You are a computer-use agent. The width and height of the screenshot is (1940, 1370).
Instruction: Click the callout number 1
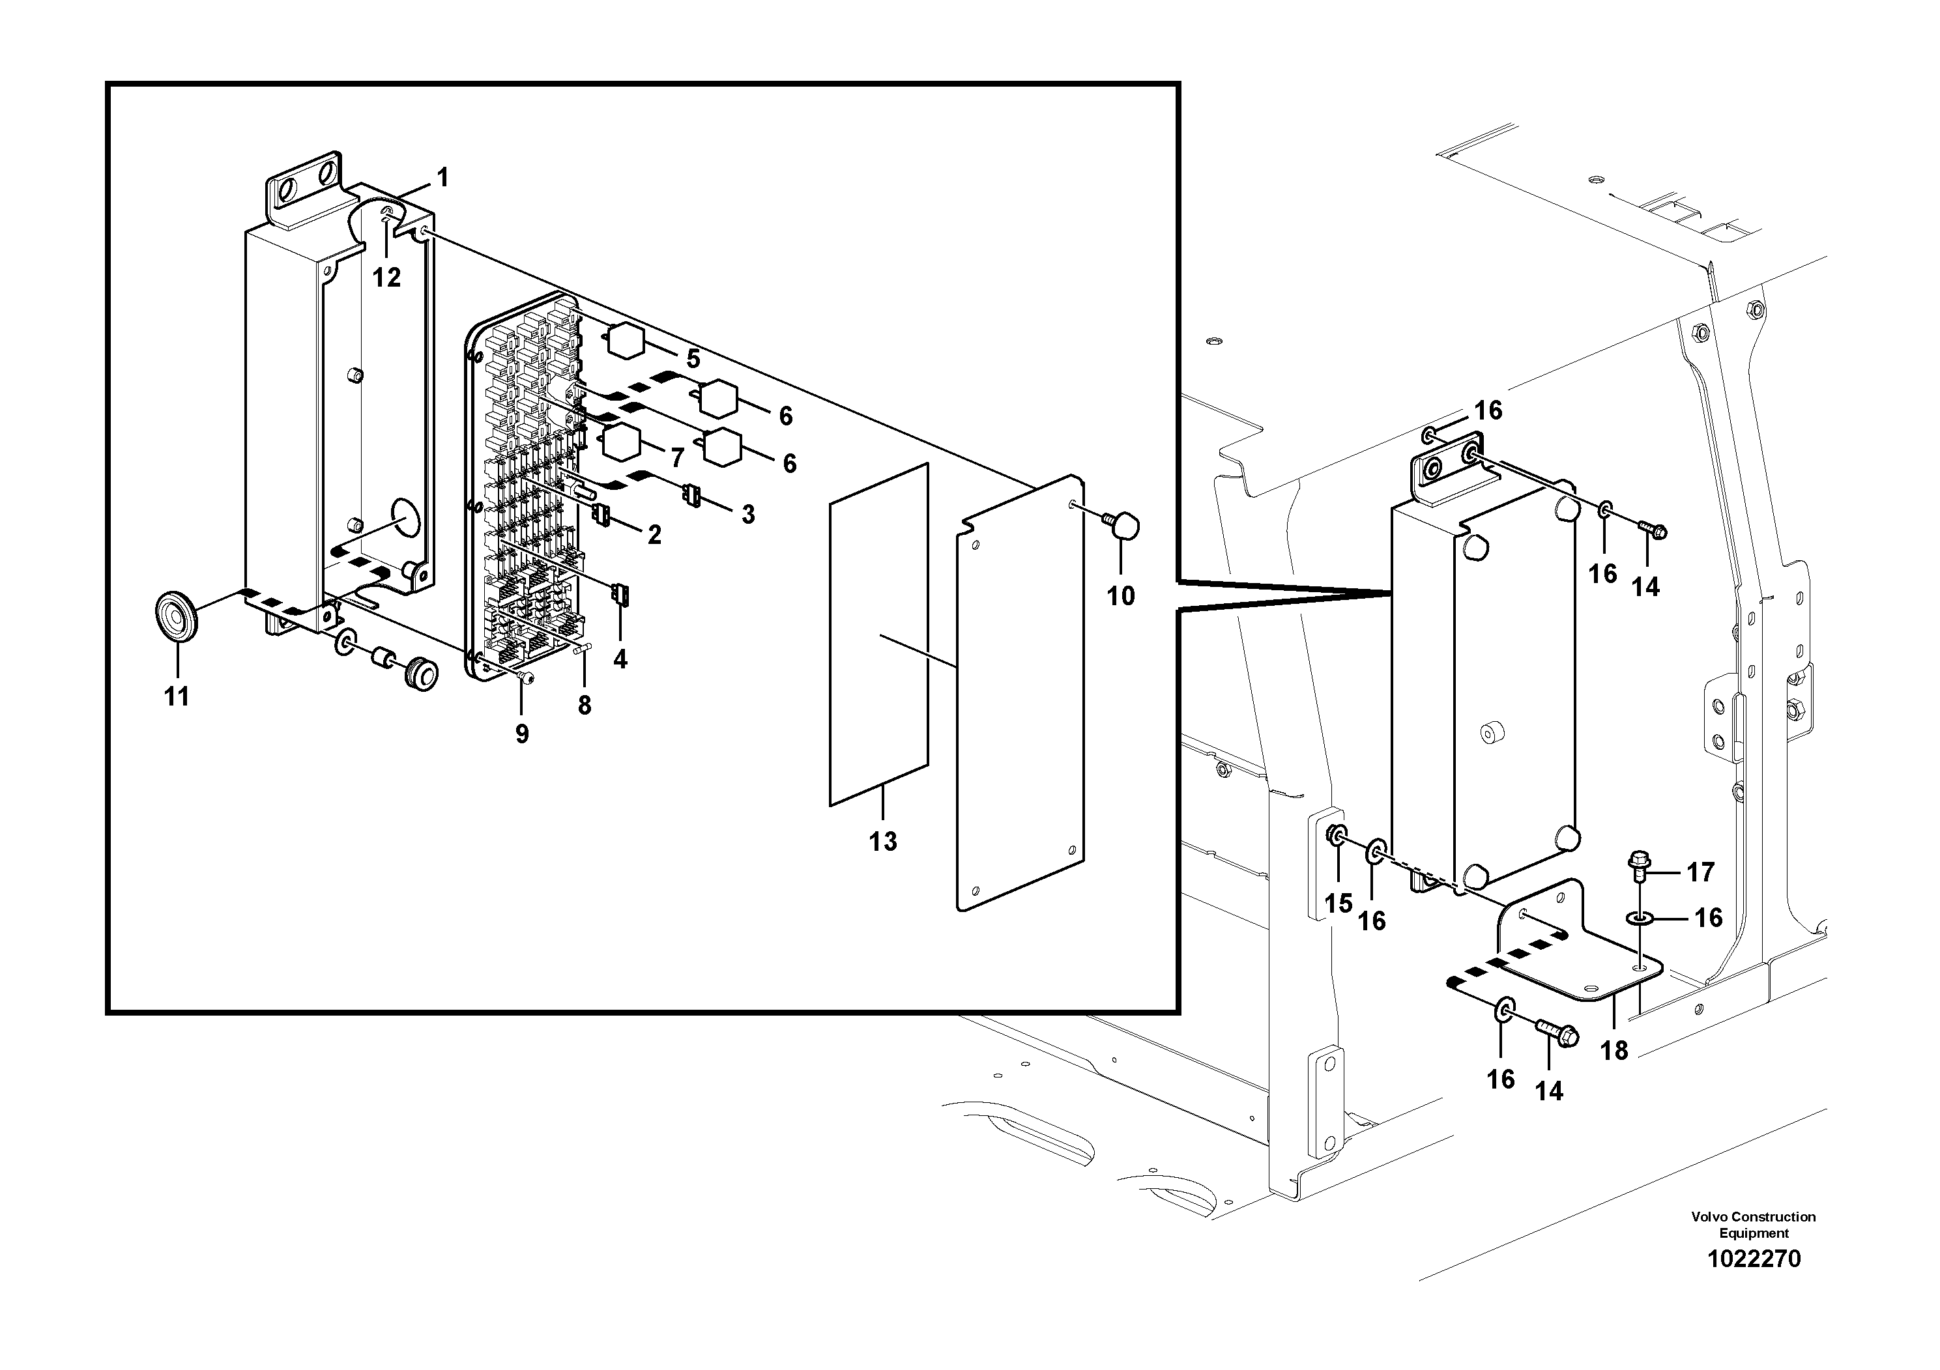(442, 178)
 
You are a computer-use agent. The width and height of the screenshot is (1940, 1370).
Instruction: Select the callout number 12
(387, 277)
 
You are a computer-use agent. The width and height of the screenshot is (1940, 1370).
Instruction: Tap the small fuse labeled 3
(693, 496)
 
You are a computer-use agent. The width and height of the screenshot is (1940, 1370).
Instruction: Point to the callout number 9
(522, 734)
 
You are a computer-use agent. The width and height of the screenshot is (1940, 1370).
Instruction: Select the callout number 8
(585, 706)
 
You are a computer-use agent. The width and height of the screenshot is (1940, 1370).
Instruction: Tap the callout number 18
(1614, 1050)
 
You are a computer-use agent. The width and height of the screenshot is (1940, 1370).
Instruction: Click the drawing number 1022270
(1754, 1282)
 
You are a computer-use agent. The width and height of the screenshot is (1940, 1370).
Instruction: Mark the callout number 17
(1700, 872)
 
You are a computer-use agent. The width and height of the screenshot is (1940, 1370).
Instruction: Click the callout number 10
(1122, 595)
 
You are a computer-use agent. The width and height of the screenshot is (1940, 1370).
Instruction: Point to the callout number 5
(693, 359)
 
